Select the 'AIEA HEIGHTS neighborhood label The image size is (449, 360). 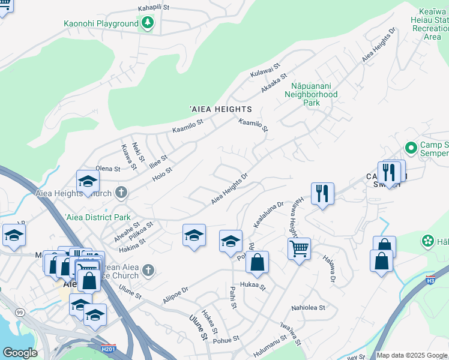[220, 109]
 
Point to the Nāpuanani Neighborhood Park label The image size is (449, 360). [311, 94]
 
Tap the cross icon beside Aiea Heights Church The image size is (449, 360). [121, 193]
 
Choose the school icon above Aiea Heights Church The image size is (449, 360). [88, 182]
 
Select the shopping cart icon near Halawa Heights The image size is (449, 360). [299, 248]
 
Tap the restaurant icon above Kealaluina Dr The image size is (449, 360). [322, 193]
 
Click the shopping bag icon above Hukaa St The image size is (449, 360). [257, 262]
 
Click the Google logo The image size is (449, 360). [19, 353]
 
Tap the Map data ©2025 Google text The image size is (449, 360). [412, 355]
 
